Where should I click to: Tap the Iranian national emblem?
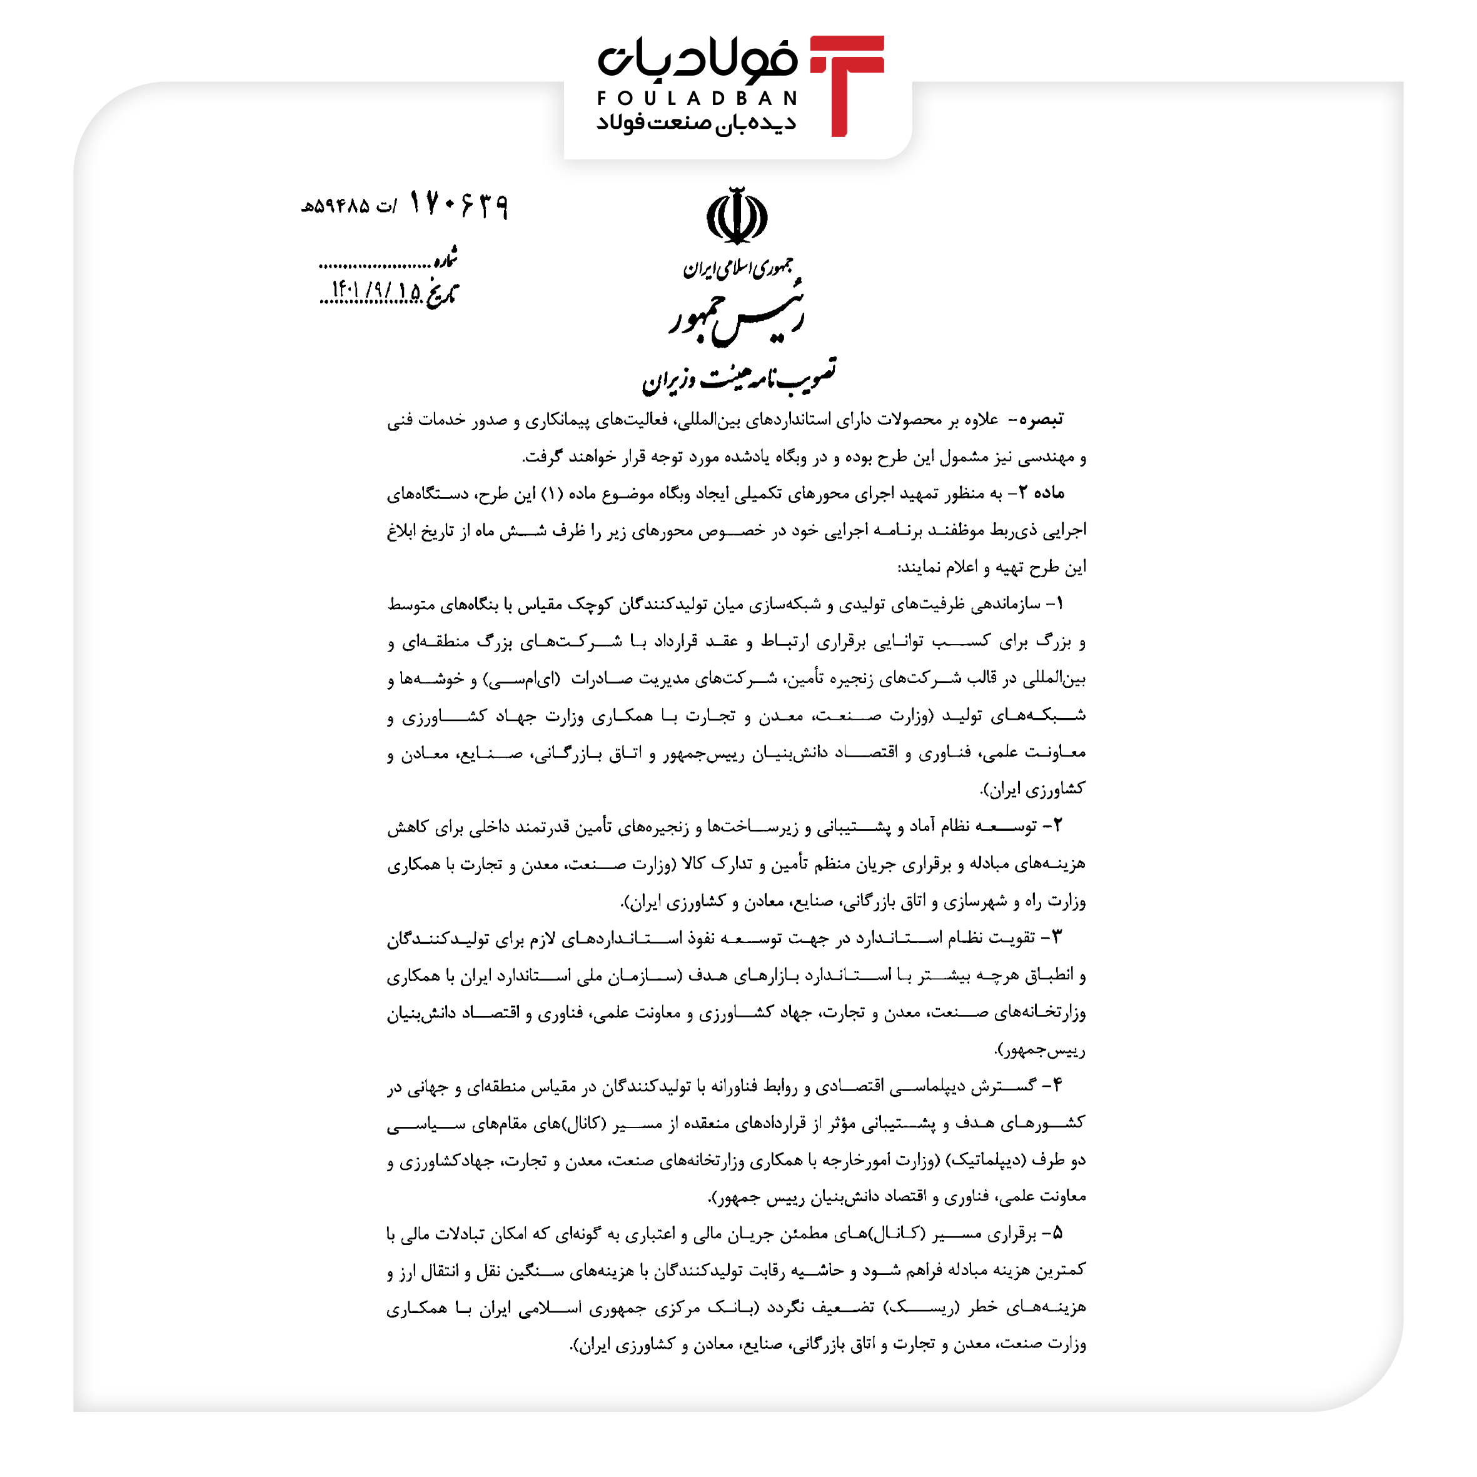pos(736,216)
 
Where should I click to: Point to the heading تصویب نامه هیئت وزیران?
pos(738,376)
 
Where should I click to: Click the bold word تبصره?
pos(1041,420)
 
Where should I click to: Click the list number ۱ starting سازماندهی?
pos(1058,604)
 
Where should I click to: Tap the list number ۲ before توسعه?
pos(1057,825)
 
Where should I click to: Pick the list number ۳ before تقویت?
pos(1057,937)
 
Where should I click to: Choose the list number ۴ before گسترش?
pos(1057,1085)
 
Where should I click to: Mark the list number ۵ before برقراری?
pos(1057,1233)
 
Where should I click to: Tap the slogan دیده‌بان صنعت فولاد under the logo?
pos(696,123)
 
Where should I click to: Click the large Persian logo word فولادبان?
pos(697,59)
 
